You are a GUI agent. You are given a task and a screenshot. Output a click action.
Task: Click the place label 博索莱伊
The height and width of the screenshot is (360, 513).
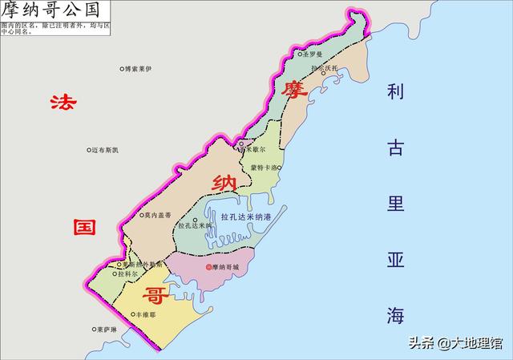tap(138, 70)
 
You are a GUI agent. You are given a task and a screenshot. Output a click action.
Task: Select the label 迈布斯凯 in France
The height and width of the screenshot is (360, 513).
tap(106, 150)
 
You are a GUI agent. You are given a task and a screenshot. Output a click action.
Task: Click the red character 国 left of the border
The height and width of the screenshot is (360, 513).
tap(85, 227)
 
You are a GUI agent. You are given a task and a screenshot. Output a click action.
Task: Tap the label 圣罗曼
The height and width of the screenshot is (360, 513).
tap(314, 55)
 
